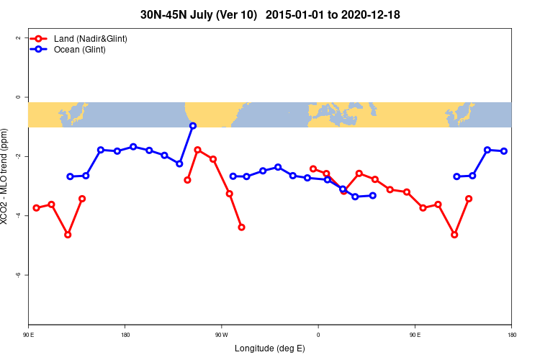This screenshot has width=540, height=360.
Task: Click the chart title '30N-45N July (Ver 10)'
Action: tap(199, 14)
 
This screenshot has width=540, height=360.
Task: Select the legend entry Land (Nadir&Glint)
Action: tap(91, 38)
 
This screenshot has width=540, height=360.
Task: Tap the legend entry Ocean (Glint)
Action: tap(80, 50)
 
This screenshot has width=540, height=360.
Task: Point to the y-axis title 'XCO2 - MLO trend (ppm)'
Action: tap(6, 176)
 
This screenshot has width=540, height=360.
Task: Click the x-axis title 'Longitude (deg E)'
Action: tap(270, 348)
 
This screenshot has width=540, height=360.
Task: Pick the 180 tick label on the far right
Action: tap(511, 334)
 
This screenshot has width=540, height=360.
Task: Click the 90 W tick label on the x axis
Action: tap(221, 334)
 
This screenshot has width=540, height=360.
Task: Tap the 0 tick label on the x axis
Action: tap(318, 334)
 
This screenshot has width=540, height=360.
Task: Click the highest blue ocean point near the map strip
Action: tap(193, 126)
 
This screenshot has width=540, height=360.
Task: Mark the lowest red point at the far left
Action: tap(68, 235)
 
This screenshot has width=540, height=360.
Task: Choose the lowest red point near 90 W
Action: tap(241, 227)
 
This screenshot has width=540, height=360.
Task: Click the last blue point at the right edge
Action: tap(504, 151)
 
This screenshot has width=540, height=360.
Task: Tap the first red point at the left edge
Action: tap(36, 208)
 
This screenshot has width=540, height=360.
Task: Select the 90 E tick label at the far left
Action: tap(29, 334)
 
